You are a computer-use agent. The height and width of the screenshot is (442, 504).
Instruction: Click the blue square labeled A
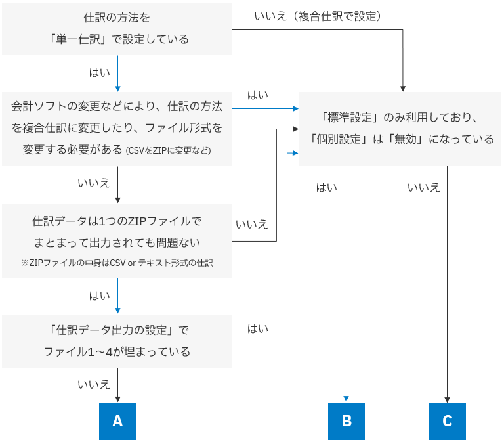point(117,421)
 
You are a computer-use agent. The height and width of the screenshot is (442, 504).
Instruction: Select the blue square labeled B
point(346,421)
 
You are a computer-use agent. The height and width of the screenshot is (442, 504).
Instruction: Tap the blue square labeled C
point(448,421)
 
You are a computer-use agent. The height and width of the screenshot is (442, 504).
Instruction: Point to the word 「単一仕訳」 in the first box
point(76,39)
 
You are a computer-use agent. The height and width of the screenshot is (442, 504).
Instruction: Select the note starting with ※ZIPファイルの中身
point(117,263)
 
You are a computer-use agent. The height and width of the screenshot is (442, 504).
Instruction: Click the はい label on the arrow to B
point(327,188)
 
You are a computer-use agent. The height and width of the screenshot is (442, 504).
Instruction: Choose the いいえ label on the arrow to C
point(424,188)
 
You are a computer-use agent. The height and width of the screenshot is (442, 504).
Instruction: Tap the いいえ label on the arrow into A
point(94,385)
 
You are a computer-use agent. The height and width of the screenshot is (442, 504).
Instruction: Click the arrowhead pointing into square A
point(117,399)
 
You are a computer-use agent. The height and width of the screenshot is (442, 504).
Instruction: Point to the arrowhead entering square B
point(346,399)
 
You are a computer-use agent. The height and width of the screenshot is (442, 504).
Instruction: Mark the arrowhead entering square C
point(448,399)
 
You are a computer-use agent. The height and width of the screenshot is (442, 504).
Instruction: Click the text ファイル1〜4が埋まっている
point(117,352)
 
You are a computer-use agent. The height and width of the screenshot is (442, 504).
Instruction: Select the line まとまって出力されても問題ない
point(117,242)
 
